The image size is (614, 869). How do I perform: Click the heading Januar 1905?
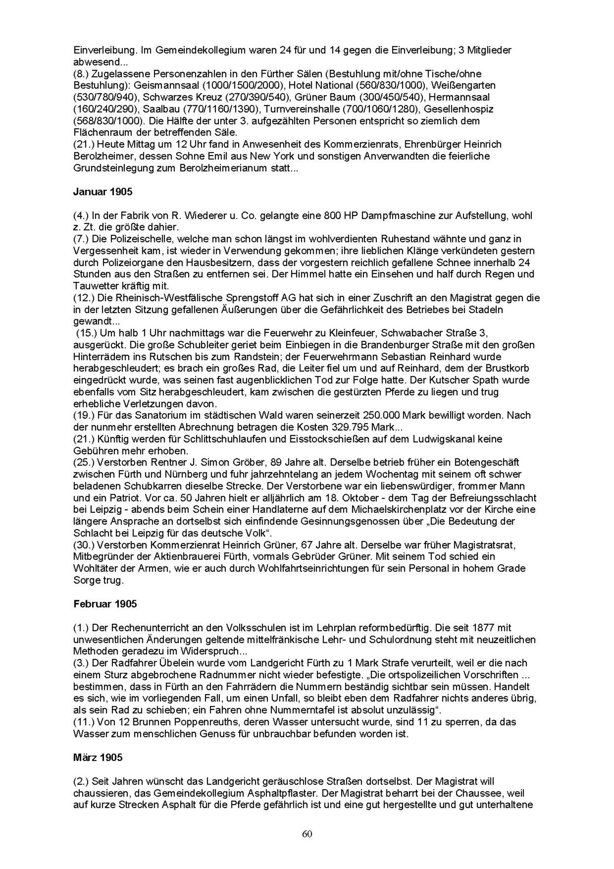(102, 192)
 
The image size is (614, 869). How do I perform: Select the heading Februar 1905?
(105, 604)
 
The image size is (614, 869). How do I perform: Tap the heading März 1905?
(98, 757)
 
